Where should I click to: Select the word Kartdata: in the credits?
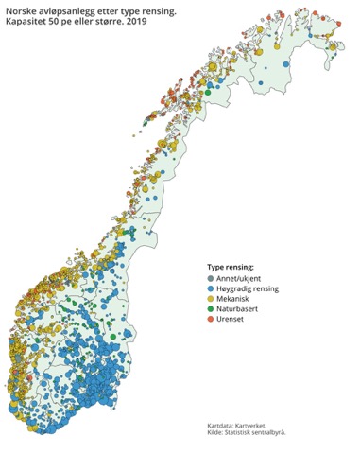click(223, 425)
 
